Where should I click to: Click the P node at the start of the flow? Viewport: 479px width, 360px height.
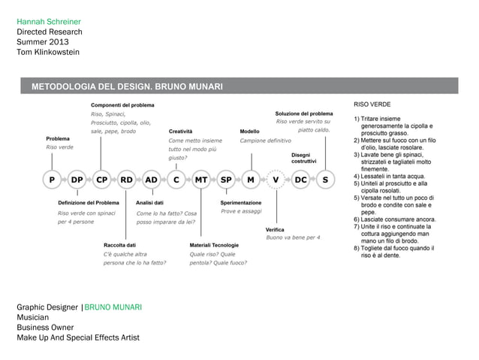click(x=52, y=180)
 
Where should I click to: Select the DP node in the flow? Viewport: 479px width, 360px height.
click(x=77, y=180)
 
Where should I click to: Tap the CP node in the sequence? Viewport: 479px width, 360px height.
click(x=102, y=180)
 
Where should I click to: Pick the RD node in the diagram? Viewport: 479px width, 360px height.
click(x=127, y=180)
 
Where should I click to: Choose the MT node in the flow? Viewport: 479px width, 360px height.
click(x=201, y=180)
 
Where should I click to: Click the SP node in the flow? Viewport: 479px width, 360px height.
click(x=226, y=180)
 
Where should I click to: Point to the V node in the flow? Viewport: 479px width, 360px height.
click(x=276, y=180)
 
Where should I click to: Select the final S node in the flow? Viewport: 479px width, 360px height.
click(x=325, y=180)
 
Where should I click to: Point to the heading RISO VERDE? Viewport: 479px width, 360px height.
click(x=372, y=104)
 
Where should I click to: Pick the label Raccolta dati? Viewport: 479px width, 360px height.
click(x=119, y=245)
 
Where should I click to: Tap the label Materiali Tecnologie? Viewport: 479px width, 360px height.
click(x=215, y=245)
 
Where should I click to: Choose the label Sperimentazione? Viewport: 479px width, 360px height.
click(x=241, y=203)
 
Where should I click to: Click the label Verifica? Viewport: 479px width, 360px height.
click(x=275, y=229)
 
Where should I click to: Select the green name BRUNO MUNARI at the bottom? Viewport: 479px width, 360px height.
click(x=113, y=308)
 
